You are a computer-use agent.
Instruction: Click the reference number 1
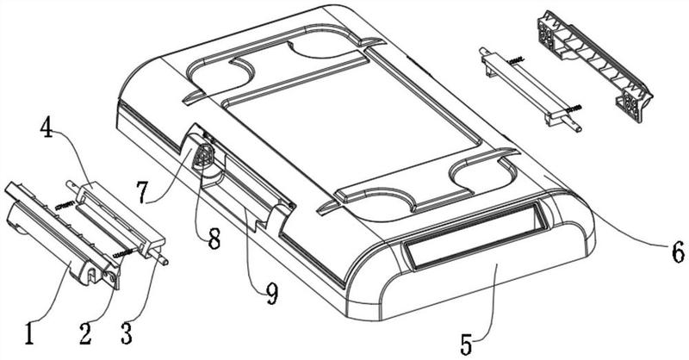(29, 333)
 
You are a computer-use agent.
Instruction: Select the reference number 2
(85, 333)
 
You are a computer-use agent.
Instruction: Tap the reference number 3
(126, 333)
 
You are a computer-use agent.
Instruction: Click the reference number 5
(467, 344)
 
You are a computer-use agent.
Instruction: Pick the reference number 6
(678, 251)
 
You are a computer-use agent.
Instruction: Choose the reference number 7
(141, 193)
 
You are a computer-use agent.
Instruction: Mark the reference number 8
(214, 239)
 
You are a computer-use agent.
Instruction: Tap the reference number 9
(272, 294)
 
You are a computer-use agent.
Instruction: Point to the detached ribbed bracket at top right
(594, 66)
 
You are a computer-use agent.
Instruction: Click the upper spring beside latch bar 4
(65, 204)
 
